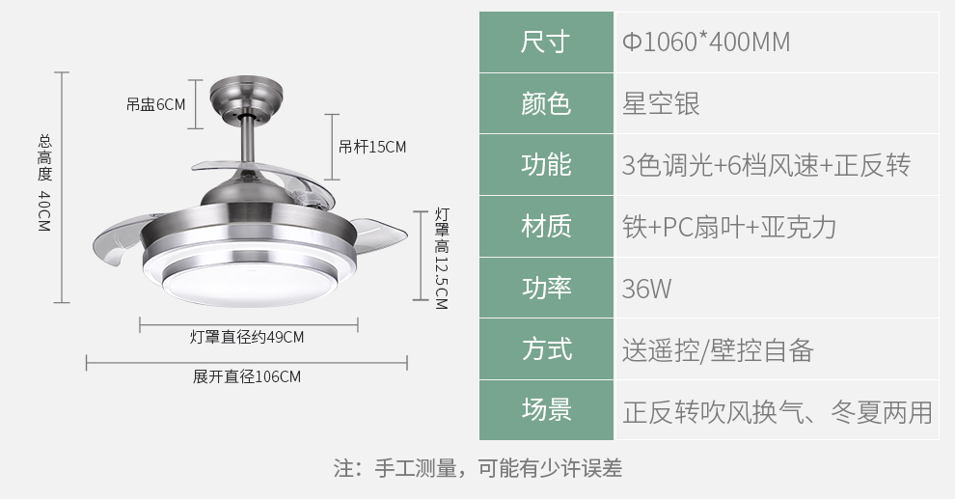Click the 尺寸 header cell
coord(546,42)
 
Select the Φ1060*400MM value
coord(706,42)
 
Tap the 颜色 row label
coord(546,103)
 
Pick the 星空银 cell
coord(661,103)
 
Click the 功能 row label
coord(546,164)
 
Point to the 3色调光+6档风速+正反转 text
coord(766,165)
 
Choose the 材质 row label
coord(546,226)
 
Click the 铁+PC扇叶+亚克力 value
coord(729,227)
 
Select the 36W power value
coord(646,289)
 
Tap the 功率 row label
coord(546,288)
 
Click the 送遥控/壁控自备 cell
coord(718,350)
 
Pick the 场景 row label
coord(546,409)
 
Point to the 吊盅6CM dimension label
coord(156,105)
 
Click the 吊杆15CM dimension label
coord(372,147)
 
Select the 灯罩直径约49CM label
coord(247,337)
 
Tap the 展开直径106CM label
coord(247,376)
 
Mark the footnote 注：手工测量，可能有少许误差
coord(477,468)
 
